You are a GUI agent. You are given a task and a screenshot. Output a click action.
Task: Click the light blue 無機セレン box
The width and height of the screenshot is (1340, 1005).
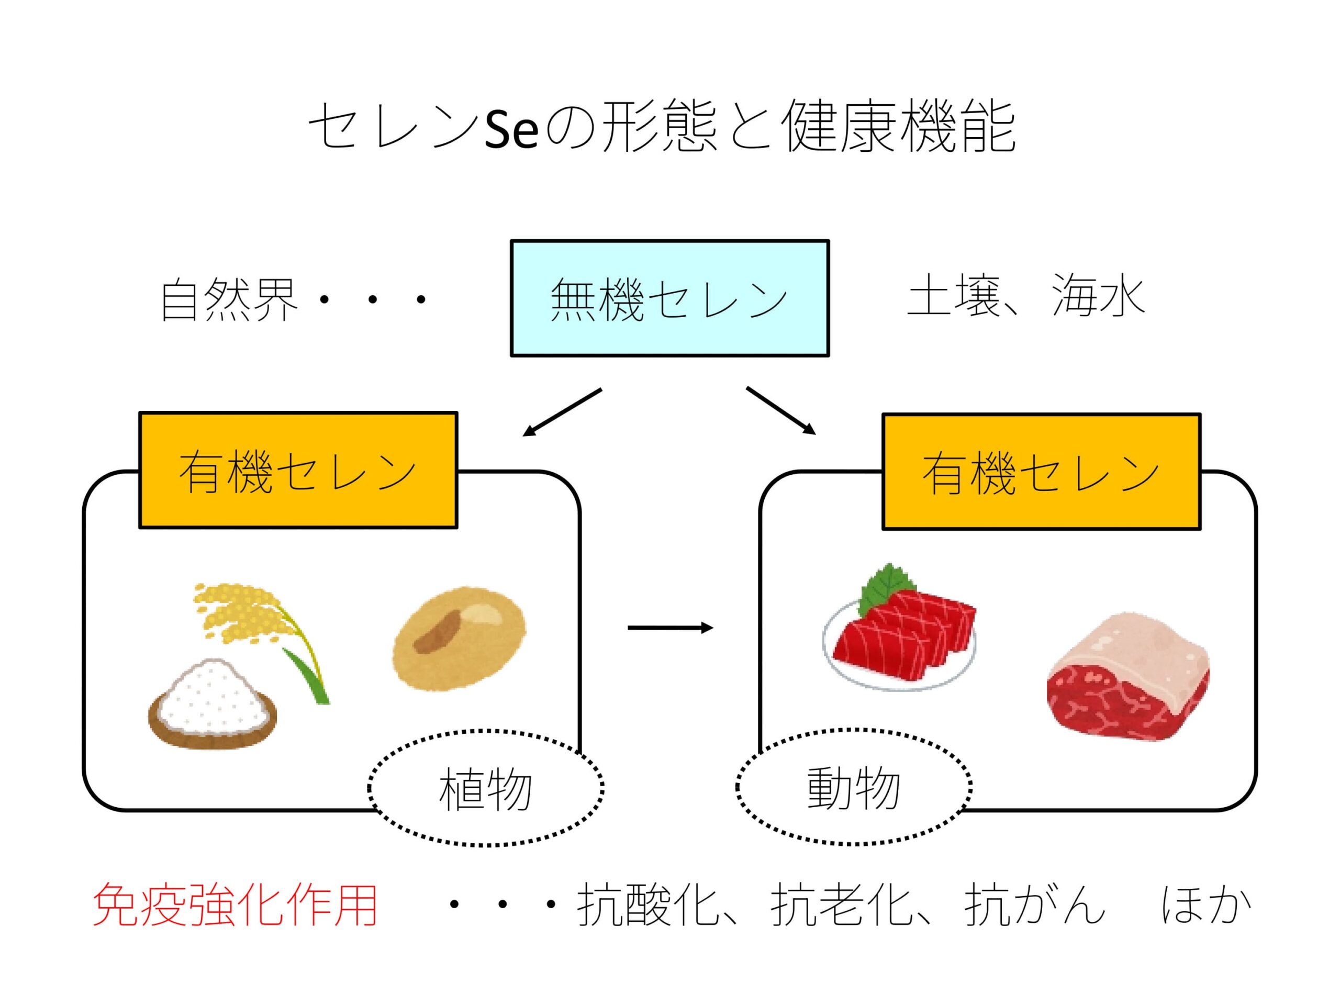[669, 298]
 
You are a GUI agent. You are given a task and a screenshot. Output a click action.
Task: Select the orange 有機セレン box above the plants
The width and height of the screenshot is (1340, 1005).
[298, 470]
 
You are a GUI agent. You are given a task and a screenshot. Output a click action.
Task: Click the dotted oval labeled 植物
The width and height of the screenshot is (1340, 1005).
[486, 789]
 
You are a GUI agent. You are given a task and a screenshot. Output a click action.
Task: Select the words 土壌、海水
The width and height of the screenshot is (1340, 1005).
[1025, 297]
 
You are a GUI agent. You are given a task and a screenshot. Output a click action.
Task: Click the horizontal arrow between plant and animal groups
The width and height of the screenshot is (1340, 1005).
[670, 628]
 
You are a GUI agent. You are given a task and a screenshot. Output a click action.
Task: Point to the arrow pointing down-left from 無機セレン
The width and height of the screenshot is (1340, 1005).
[562, 412]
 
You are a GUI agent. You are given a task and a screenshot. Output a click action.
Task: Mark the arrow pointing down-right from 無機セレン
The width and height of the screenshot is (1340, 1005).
[781, 410]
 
